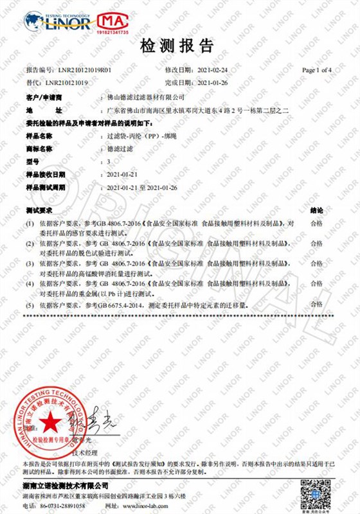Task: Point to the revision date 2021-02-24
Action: coord(214,69)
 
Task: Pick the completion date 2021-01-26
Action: coord(214,83)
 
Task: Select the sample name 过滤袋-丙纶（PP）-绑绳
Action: coord(143,136)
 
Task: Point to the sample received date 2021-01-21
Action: coord(123,174)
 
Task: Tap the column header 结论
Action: coord(317,209)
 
